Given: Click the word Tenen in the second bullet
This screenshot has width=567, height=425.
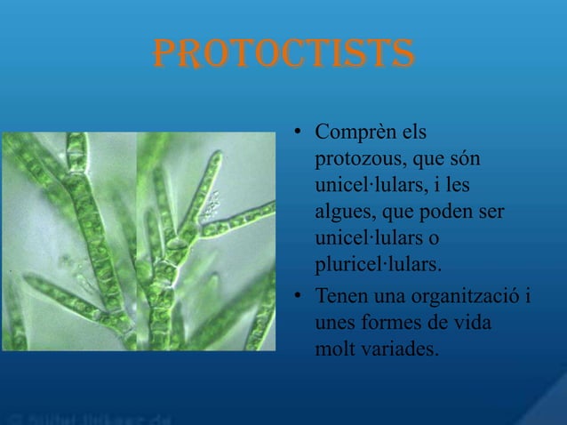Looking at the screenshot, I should [341, 294].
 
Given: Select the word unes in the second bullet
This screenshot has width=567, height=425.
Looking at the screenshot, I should [335, 321].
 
